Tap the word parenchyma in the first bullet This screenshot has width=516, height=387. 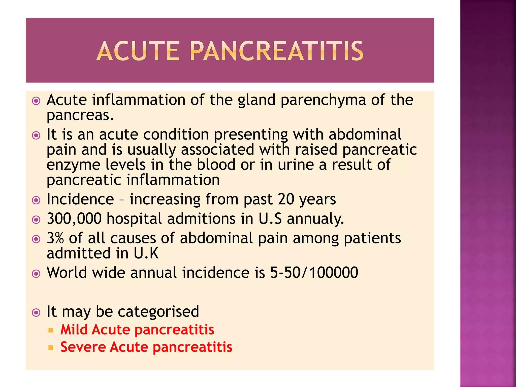point(323,100)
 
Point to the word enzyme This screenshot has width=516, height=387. point(73,165)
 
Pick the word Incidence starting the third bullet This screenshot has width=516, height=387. point(80,199)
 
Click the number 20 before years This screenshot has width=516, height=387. point(286,199)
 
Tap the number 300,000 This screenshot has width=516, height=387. point(74,218)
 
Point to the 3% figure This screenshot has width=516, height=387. point(55,238)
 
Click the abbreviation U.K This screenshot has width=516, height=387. point(146,253)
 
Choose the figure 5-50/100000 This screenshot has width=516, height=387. point(314,273)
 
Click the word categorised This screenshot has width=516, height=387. point(158,311)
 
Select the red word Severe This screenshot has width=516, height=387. point(83,347)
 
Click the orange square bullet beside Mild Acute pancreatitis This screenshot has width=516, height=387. point(51,330)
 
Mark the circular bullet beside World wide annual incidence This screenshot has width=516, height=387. point(36,273)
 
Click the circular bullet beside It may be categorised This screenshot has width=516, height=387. point(36,312)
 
